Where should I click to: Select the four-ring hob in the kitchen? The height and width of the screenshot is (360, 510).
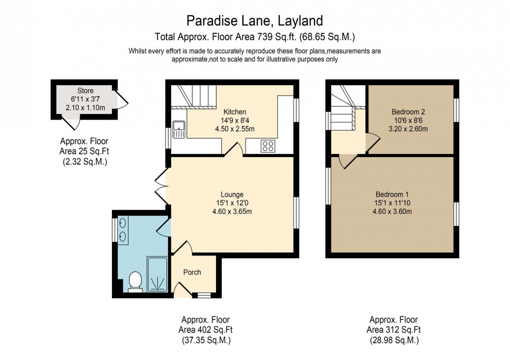pyautogui.click(x=268, y=146)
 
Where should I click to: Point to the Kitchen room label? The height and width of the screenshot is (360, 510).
pyautogui.click(x=235, y=112)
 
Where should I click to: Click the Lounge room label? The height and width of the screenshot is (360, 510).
pyautogui.click(x=232, y=195)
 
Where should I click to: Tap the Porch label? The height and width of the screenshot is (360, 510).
pyautogui.click(x=192, y=272)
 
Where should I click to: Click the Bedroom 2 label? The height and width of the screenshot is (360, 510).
pyautogui.click(x=409, y=112)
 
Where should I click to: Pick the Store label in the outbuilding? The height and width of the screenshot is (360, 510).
pyautogui.click(x=85, y=91)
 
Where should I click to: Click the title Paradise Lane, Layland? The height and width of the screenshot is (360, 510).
pyautogui.click(x=255, y=21)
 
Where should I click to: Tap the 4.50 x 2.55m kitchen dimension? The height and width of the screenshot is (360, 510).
pyautogui.click(x=235, y=128)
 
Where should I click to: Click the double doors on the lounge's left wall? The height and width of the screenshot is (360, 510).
pyautogui.click(x=162, y=186)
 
